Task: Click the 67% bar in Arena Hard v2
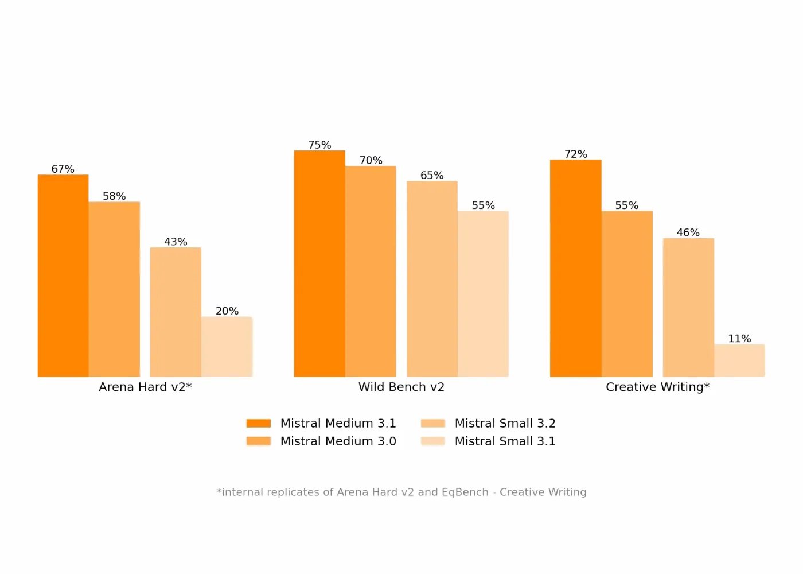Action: coord(63,276)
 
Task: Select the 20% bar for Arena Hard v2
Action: coord(227,347)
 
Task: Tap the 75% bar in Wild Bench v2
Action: coord(319,263)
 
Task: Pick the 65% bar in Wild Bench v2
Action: coord(432,279)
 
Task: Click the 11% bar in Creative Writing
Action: coord(739,360)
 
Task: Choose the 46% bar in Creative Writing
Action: coord(688,308)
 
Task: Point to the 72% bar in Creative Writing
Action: coord(575,268)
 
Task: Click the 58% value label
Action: coord(114,196)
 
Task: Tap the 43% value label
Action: coord(176,242)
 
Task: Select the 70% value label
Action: coord(371,161)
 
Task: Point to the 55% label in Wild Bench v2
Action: coord(483,205)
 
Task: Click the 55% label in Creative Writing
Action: coord(626,205)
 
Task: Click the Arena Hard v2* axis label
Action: coord(145,387)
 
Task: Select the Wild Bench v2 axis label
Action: coord(402,387)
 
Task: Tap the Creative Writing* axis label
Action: coord(657,387)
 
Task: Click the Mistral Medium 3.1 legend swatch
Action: coord(259,424)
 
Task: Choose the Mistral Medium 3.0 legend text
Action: coord(338,441)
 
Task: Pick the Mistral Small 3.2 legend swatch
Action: coord(433,424)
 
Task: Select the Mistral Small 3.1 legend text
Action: coord(505,441)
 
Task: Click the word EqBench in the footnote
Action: coord(465,492)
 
